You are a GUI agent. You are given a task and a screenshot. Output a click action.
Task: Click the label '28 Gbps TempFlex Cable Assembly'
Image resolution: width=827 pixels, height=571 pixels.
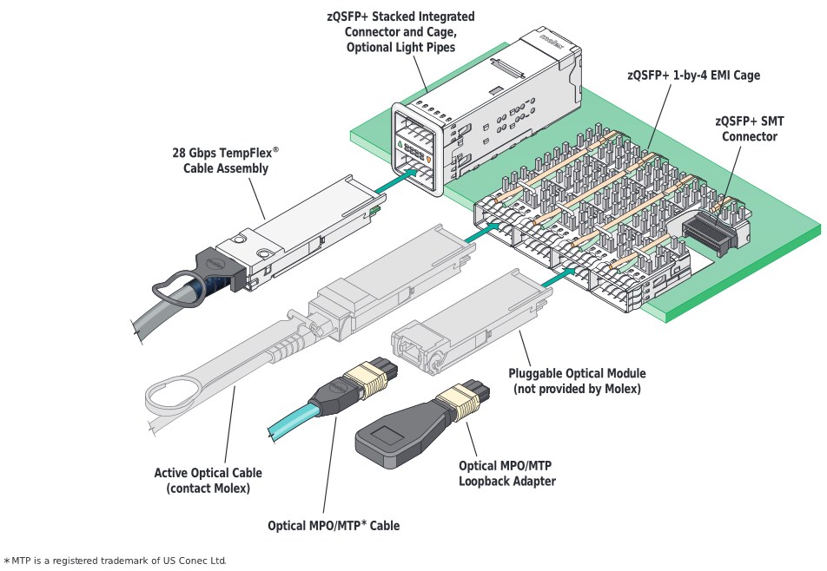point(225,161)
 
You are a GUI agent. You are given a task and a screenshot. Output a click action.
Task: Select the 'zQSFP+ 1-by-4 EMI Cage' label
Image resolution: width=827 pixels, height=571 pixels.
point(693,75)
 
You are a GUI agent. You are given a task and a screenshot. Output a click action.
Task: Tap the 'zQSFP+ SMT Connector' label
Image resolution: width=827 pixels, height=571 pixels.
point(745,129)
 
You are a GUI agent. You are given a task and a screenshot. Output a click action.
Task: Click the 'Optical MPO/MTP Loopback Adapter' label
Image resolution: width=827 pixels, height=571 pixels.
point(506,473)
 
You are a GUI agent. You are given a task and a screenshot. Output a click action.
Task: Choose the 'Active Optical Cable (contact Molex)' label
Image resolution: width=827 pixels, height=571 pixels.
point(208,481)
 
